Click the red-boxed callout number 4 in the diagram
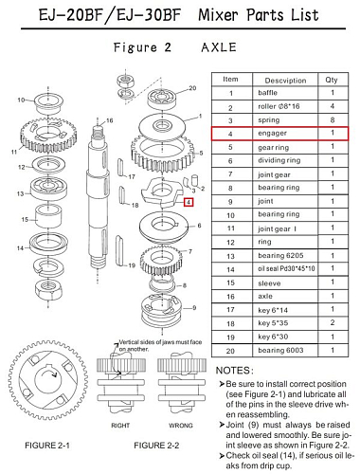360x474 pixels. pyautogui.click(x=189, y=202)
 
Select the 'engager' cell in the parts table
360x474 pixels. pyautogui.click(x=272, y=134)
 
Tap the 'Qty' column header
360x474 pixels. pyautogui.click(x=332, y=79)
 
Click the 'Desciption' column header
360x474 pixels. pyautogui.click(x=272, y=79)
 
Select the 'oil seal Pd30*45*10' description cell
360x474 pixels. pyautogui.click(x=272, y=268)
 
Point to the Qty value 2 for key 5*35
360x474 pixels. pyautogui.click(x=332, y=322)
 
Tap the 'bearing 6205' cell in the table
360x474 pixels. pyautogui.click(x=272, y=255)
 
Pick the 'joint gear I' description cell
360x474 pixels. pyautogui.click(x=272, y=228)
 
